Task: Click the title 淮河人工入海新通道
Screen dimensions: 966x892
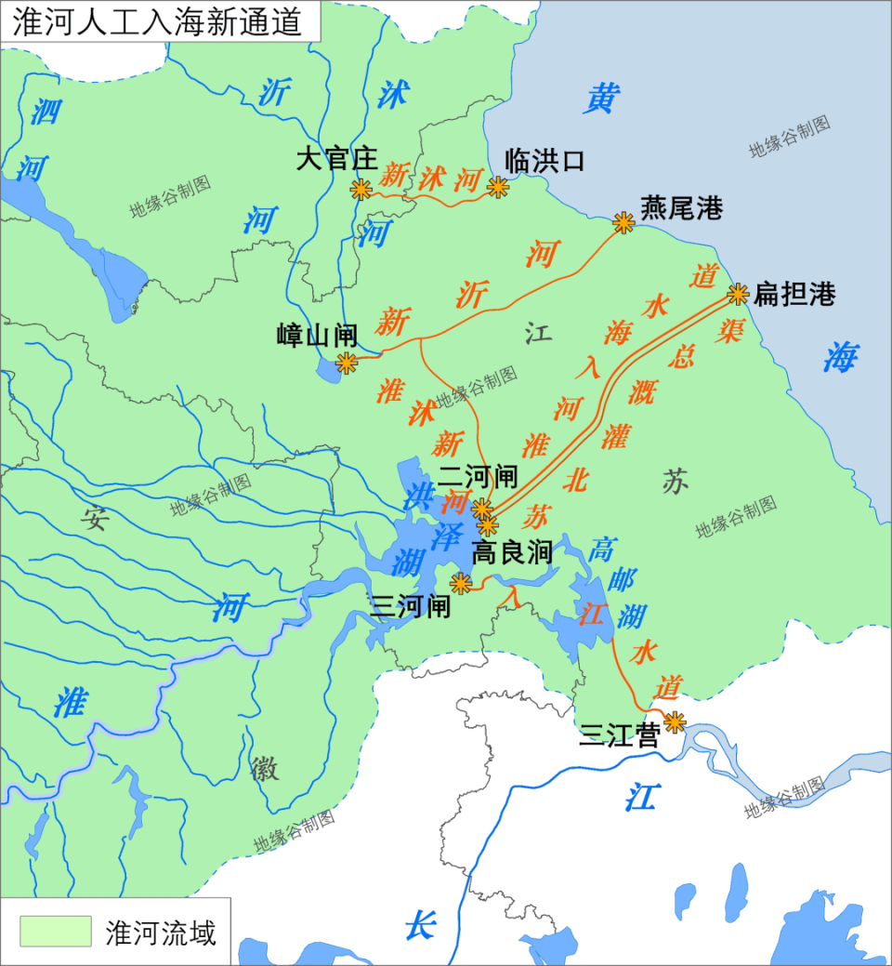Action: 158,20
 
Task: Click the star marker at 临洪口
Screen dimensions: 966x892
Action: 499,188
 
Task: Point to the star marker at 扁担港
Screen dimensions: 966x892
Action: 738,294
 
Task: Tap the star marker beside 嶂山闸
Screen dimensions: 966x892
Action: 347,363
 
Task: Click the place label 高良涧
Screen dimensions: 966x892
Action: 513,553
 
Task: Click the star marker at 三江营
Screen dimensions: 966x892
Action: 675,721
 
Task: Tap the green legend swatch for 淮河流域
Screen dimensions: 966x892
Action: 56,931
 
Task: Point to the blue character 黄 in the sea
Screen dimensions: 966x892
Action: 601,98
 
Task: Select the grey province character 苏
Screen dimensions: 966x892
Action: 676,481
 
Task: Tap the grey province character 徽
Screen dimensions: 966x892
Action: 265,768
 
